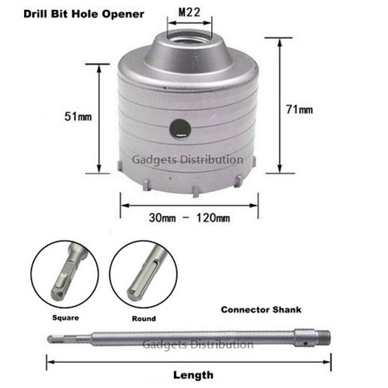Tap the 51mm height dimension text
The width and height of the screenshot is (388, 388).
point(78,116)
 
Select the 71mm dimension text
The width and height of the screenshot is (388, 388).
point(299,110)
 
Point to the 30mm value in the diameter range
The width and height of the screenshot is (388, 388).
point(162,218)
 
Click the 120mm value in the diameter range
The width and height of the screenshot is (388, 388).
point(213,218)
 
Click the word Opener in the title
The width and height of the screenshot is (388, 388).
point(123,14)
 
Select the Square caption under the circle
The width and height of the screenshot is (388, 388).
point(66,318)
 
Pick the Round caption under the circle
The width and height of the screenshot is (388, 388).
point(144,318)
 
